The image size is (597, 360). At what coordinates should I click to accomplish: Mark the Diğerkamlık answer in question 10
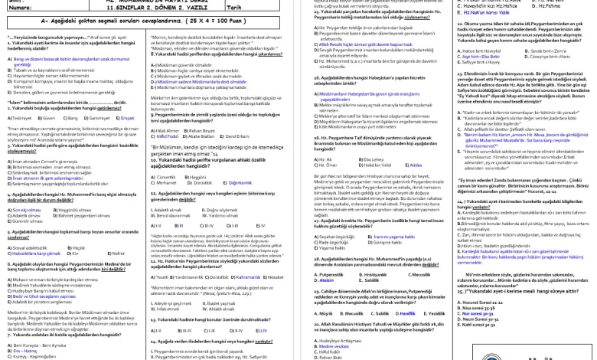[240, 183]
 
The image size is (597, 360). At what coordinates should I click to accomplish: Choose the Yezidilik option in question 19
[434, 313]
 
